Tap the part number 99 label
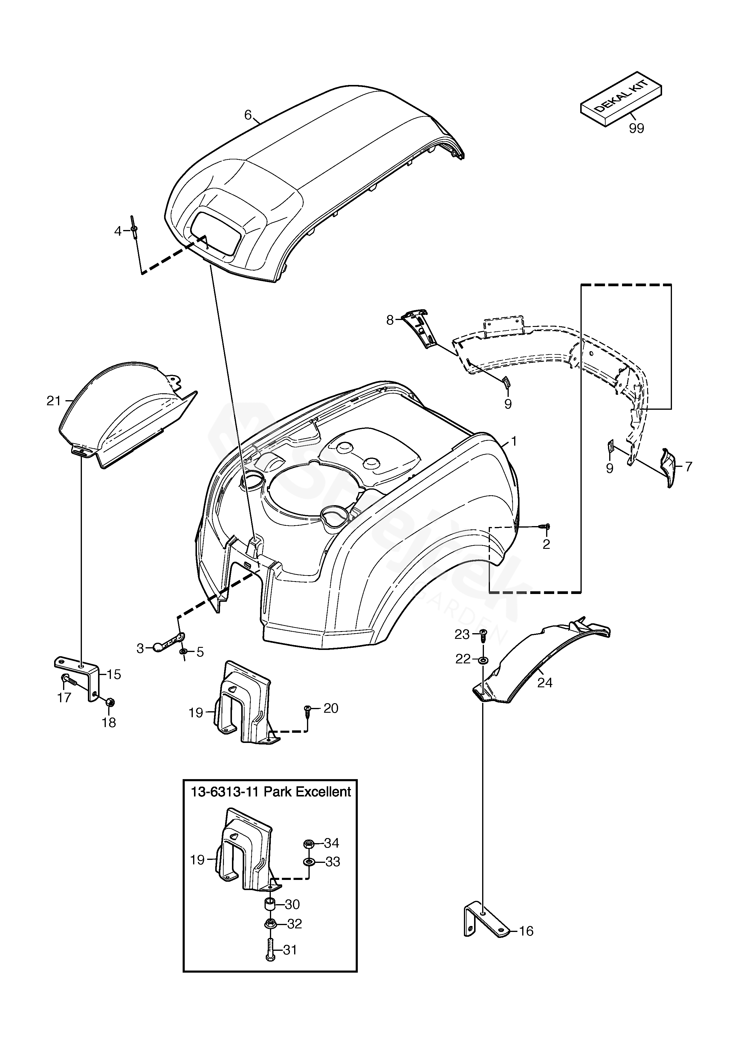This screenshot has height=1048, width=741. click(636, 129)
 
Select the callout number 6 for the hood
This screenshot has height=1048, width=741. click(248, 115)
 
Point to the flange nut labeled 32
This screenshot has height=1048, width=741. click(270, 924)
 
